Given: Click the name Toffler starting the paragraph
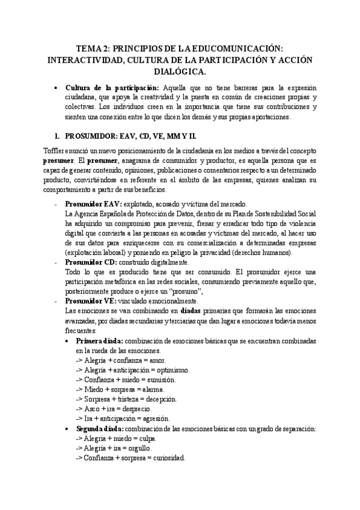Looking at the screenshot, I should coord(53,150).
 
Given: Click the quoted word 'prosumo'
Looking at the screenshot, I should coord(192,291).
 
